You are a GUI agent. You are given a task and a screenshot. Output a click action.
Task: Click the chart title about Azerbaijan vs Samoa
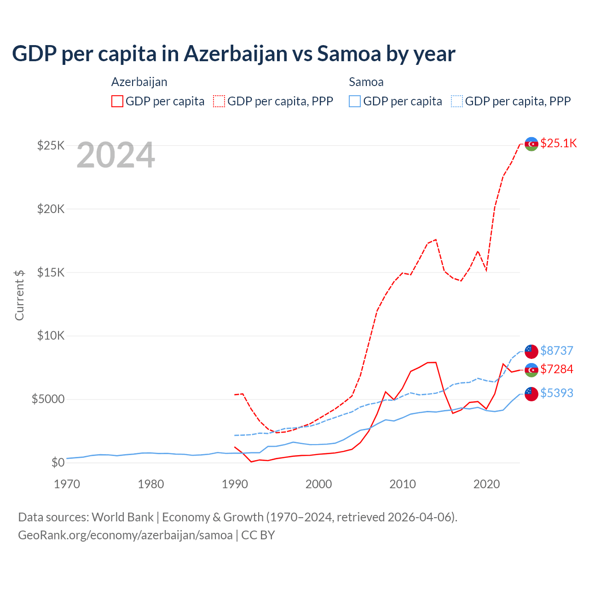234,53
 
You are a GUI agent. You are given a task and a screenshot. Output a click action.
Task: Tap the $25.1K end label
558,143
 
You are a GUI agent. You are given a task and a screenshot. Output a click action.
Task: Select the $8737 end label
556,351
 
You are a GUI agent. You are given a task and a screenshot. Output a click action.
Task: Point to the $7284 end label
556,369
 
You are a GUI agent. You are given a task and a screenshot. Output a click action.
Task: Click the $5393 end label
556,393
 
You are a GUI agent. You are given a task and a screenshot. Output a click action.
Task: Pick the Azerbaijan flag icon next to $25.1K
531,144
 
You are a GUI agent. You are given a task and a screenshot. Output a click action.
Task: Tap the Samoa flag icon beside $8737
531,351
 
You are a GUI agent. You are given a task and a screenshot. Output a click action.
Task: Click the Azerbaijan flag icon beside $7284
531,370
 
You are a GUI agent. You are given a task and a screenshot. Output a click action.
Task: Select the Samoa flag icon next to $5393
531,393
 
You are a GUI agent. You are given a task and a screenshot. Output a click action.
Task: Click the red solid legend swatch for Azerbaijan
117,101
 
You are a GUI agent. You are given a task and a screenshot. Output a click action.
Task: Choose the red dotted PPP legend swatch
219,101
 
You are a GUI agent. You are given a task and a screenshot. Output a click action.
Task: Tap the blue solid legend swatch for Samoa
355,101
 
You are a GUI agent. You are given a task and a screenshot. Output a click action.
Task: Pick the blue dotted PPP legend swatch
457,101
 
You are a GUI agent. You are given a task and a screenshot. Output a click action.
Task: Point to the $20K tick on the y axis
51,209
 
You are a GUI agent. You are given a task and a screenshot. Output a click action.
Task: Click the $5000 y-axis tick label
48,399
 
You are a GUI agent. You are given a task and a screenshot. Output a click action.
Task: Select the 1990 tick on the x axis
235,484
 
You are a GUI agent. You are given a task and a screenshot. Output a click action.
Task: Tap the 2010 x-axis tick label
403,484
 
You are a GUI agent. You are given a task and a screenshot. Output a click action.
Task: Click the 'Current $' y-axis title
19,295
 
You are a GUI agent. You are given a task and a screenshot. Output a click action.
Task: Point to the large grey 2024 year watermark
115,156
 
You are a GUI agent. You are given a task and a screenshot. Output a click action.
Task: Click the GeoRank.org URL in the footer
125,535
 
